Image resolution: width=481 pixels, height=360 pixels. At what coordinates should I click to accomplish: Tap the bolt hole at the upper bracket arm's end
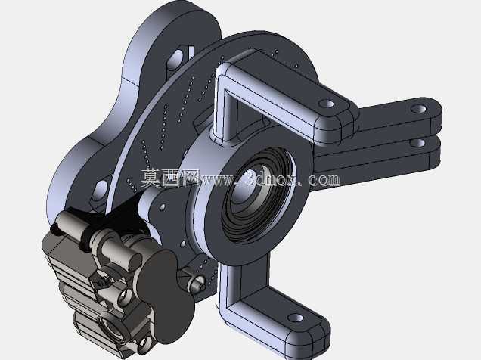coord(326,104)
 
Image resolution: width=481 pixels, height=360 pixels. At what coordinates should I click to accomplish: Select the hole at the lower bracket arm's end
coord(296,318)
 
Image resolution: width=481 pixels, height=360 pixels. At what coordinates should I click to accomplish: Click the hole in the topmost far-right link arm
coord(418,109)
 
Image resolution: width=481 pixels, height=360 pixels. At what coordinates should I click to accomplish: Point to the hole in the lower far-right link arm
coord(418,143)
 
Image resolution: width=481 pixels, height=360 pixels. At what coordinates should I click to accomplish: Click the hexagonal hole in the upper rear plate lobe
coord(175,60)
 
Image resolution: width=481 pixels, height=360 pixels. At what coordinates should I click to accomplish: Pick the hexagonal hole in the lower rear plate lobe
coord(101,190)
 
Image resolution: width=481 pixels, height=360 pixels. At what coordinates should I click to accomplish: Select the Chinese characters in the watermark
coord(170,178)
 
